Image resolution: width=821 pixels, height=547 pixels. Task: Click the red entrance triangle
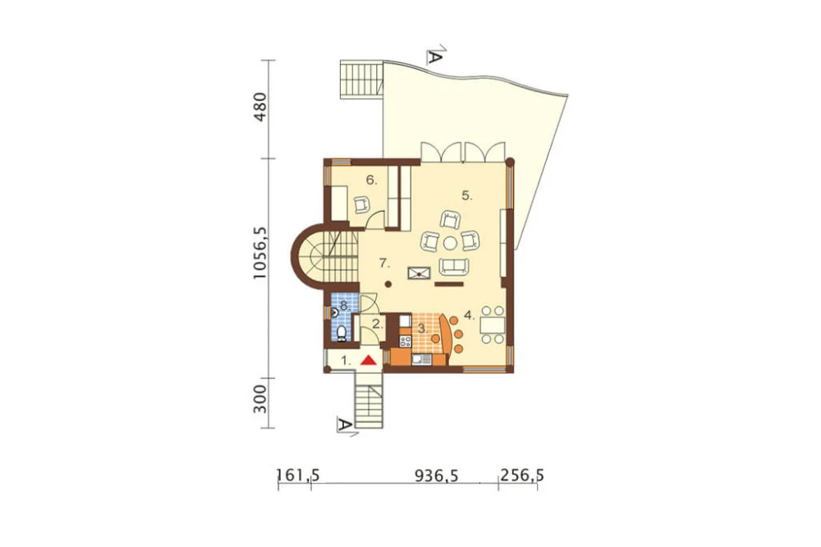coord(369,360)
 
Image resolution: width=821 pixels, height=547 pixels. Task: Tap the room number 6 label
coord(371,180)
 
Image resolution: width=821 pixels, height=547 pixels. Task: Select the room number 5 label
coord(467,196)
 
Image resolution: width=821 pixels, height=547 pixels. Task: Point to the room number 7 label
coord(384,263)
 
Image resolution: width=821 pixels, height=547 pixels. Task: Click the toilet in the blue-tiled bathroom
coord(342,333)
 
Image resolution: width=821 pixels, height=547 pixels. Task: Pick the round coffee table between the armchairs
coord(450,242)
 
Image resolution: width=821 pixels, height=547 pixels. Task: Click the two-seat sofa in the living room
coord(453,267)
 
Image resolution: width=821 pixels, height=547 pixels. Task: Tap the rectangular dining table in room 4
coord(492,325)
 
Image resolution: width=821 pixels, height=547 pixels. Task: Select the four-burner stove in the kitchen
coord(406,342)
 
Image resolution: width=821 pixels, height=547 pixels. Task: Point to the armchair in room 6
coord(361,204)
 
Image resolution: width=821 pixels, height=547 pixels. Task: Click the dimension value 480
coord(259,108)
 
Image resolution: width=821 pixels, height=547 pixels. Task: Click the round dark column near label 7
coord(388,284)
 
